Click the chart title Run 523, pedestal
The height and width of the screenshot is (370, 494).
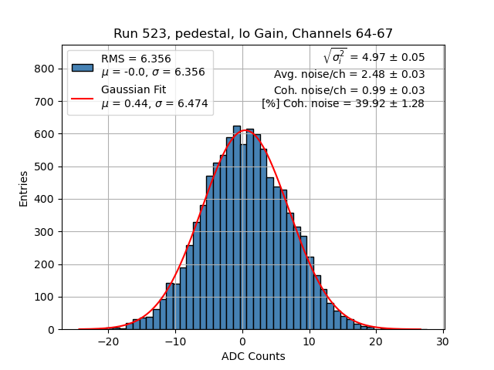click(252, 34)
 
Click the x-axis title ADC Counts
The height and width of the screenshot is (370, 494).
click(252, 356)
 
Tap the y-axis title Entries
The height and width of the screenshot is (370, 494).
click(23, 188)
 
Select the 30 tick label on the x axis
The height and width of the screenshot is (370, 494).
click(443, 341)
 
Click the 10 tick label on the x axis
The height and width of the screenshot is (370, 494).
click(309, 341)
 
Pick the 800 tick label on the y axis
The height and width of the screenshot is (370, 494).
click(44, 69)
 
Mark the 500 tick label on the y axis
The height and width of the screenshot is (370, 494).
click(44, 166)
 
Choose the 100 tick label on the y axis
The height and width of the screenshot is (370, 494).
click(44, 297)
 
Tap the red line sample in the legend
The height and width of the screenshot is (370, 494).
click(83, 97)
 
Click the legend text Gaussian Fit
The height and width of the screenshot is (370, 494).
click(134, 89)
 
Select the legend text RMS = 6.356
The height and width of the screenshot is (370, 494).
click(136, 59)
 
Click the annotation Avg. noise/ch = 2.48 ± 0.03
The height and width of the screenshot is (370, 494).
click(349, 75)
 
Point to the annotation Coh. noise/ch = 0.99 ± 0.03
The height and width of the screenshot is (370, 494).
click(349, 90)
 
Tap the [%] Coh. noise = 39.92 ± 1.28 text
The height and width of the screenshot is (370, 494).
click(343, 103)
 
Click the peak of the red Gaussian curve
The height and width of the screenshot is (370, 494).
click(245, 130)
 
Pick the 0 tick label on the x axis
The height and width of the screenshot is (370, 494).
click(242, 341)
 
